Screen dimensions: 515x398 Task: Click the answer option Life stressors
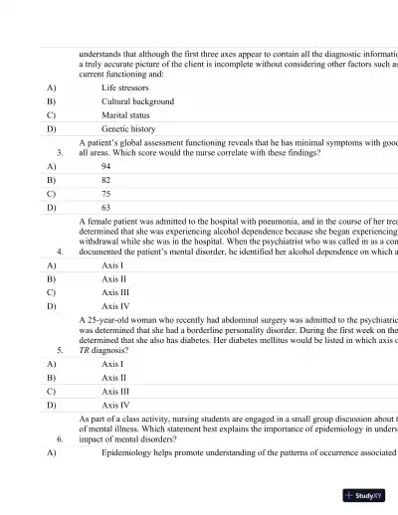click(128, 87)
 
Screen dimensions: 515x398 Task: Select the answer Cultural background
click(137, 101)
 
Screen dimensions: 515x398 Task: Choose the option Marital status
click(125, 114)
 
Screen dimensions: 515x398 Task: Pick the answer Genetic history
click(128, 128)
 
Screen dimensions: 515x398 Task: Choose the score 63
click(106, 209)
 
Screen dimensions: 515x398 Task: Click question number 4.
click(62, 253)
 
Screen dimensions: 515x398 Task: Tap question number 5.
click(62, 350)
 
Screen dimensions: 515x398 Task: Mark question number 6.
click(62, 437)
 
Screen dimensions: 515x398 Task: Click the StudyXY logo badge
click(363, 494)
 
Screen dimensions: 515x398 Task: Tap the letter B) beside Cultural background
click(51, 101)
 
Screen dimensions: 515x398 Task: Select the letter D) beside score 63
click(51, 209)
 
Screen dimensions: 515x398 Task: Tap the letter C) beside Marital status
click(51, 114)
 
